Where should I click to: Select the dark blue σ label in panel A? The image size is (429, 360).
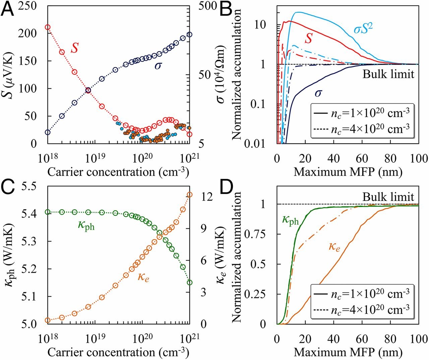158,65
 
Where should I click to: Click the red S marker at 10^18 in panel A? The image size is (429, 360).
48,27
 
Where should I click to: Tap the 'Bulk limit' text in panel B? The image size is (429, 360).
388,74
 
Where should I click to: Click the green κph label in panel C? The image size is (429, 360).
86,225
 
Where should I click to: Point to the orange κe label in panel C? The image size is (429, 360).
143,277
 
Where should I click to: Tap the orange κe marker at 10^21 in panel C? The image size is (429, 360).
189,195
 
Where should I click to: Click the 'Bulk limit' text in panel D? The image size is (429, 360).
388,197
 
